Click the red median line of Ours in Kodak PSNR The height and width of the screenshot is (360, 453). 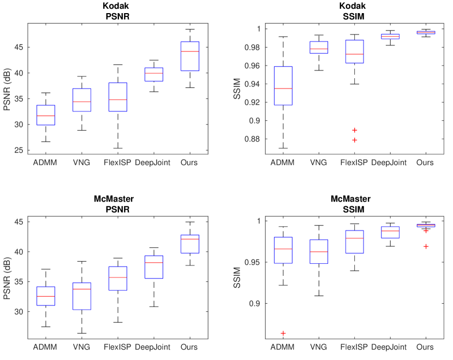[x=189, y=51]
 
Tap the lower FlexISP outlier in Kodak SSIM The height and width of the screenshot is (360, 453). [x=354, y=140]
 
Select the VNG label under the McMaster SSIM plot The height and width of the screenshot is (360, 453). [x=318, y=347]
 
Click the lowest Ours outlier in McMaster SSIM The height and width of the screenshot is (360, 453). [x=425, y=246]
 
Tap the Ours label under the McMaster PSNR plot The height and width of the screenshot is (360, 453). [x=189, y=347]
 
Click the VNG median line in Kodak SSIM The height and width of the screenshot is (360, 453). [x=318, y=49]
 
